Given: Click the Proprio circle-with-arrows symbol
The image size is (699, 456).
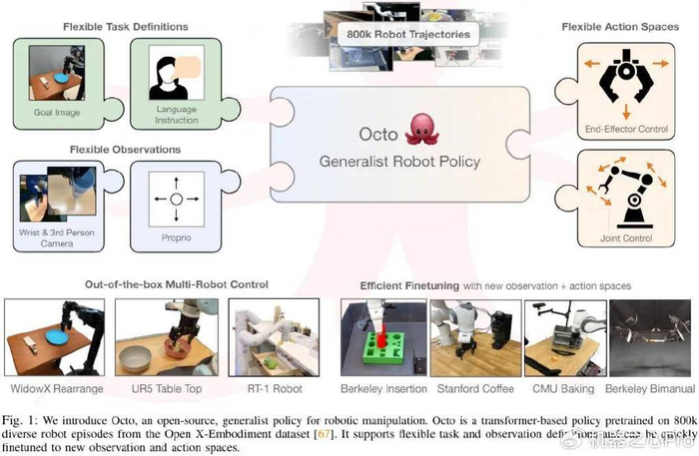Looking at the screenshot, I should (175, 201).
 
